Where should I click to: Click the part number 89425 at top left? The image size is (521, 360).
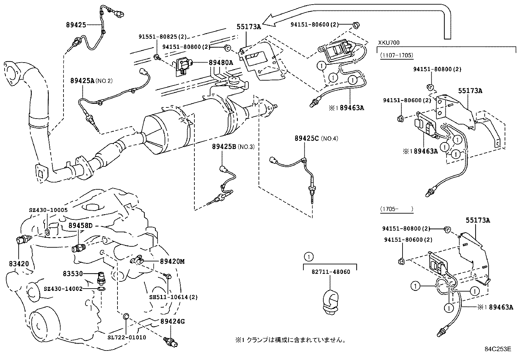pos(76,25)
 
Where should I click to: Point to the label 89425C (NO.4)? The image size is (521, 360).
pos(316,138)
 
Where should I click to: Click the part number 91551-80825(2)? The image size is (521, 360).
pos(162,37)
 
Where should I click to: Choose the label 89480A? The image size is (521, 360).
pos(221,63)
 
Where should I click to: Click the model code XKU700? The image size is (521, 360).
pos(389,43)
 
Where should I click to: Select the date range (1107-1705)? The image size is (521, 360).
pos(397,55)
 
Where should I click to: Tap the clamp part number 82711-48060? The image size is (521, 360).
pos(331,272)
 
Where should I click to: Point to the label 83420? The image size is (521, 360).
pos(19,263)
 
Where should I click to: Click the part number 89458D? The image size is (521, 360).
pos(81,225)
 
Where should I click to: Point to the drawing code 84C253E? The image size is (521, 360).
pos(498,349)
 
